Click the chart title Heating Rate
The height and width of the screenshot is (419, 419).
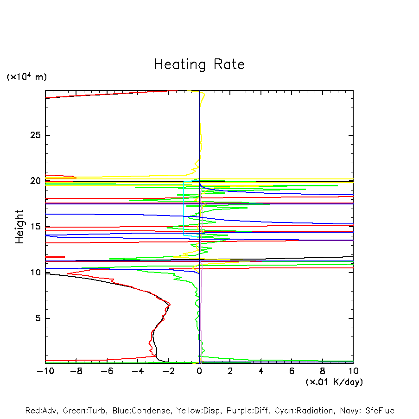click(199, 64)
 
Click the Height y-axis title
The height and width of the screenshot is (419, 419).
click(19, 227)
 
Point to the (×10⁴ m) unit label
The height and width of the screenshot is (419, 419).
click(26, 77)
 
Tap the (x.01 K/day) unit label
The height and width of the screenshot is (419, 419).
click(334, 382)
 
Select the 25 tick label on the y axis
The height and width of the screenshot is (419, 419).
click(36, 135)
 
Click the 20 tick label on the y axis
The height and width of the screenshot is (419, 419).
click(36, 181)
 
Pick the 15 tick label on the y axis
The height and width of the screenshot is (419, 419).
click(36, 227)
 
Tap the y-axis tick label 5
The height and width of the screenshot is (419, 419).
click(39, 318)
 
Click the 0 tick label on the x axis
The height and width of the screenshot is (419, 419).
click(199, 371)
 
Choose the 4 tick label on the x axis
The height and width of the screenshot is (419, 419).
click(261, 371)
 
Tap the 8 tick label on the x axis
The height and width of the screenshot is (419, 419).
click(323, 371)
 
